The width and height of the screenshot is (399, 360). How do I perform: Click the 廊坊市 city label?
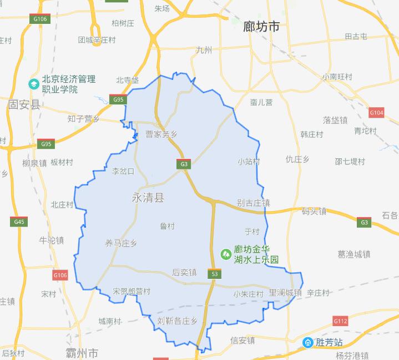261,26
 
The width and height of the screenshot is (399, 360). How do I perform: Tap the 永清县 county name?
149,197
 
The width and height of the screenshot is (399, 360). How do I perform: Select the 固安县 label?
24,105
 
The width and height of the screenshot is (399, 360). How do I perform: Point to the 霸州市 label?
82,353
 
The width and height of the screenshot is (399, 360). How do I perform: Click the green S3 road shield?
214,274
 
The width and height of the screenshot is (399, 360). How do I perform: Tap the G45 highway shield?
18,222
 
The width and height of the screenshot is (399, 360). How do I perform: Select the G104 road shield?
376,113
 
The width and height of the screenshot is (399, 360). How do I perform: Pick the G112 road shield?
340,321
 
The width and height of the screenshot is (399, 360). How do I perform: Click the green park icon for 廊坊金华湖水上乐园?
226,254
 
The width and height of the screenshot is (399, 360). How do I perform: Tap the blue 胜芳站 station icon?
307,342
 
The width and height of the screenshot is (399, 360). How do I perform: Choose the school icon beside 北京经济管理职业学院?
33,84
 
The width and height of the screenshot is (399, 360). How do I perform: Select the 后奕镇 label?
184,273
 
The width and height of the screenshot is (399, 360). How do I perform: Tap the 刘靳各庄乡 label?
178,321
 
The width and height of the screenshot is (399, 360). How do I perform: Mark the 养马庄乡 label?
121,243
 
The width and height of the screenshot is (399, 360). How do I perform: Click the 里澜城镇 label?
285,293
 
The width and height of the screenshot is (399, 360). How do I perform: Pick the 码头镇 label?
314,211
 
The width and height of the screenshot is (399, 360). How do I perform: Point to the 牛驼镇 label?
52,241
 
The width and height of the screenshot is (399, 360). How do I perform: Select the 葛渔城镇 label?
353,254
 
